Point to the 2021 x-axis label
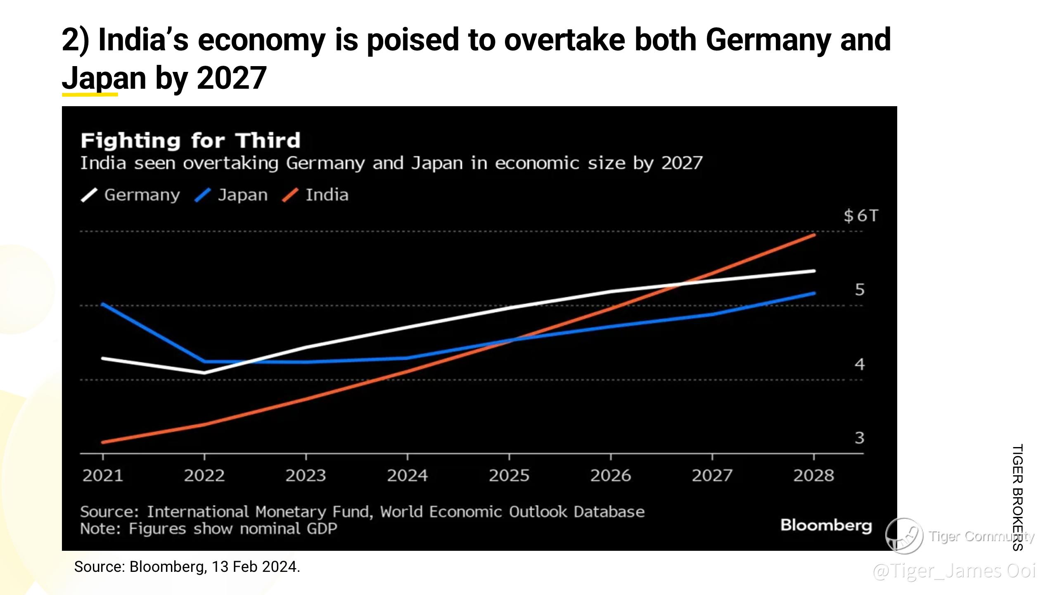point(103,476)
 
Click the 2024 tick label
point(407,476)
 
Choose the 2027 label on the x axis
point(712,476)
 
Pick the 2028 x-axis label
point(813,476)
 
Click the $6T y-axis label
point(861,216)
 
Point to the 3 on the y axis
point(859,438)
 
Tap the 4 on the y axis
point(859,364)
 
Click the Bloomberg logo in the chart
point(826,526)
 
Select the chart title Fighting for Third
point(190,141)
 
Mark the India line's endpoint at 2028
point(814,235)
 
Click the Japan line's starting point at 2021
point(103,304)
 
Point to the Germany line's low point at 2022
point(204,372)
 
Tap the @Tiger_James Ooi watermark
point(954,571)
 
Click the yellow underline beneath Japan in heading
point(90,95)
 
